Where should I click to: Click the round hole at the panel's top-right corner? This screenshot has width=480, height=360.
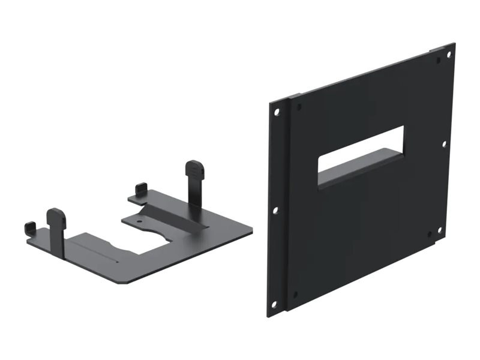point(449,55)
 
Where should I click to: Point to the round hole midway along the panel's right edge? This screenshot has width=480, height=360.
point(444,144)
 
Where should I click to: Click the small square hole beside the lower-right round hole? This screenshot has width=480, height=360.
point(430,235)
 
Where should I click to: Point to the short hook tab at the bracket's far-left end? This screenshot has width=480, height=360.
point(29,229)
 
